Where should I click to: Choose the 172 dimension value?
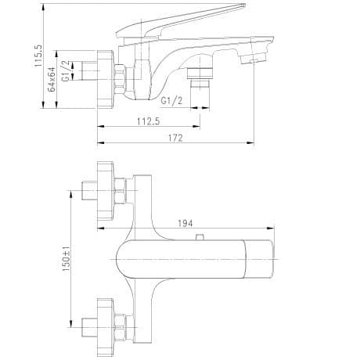(x=175, y=138)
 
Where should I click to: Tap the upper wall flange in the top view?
(x=105, y=188)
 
